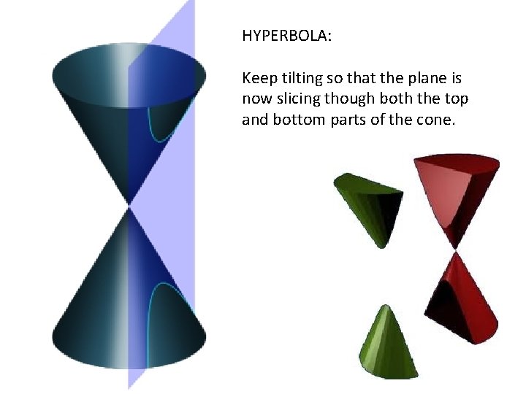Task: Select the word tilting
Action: coord(302,77)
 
